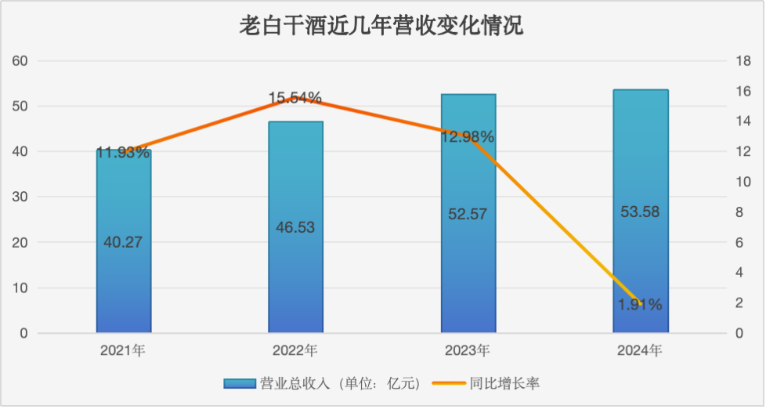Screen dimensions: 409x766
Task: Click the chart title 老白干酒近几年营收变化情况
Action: click(382, 27)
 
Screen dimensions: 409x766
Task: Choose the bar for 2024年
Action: click(641, 251)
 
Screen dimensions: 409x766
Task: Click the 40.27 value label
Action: click(123, 242)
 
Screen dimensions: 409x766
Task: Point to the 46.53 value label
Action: click(295, 227)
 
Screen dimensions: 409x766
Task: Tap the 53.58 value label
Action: click(641, 212)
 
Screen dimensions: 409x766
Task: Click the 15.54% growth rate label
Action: click(295, 98)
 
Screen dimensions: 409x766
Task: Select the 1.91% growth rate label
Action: click(640, 304)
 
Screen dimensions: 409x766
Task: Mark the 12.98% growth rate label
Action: click(468, 137)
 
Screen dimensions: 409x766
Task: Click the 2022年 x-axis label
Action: click(295, 350)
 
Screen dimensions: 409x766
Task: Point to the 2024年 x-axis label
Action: click(640, 350)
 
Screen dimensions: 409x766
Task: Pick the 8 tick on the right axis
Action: click(739, 212)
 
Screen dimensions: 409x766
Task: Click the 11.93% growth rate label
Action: click(123, 153)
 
